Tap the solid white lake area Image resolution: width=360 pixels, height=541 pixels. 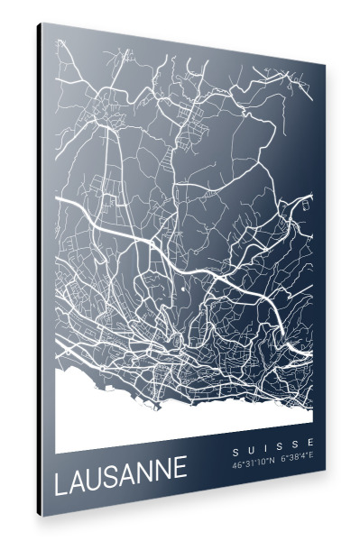coord(135,415)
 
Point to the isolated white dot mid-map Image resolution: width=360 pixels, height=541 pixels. coord(184,289)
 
